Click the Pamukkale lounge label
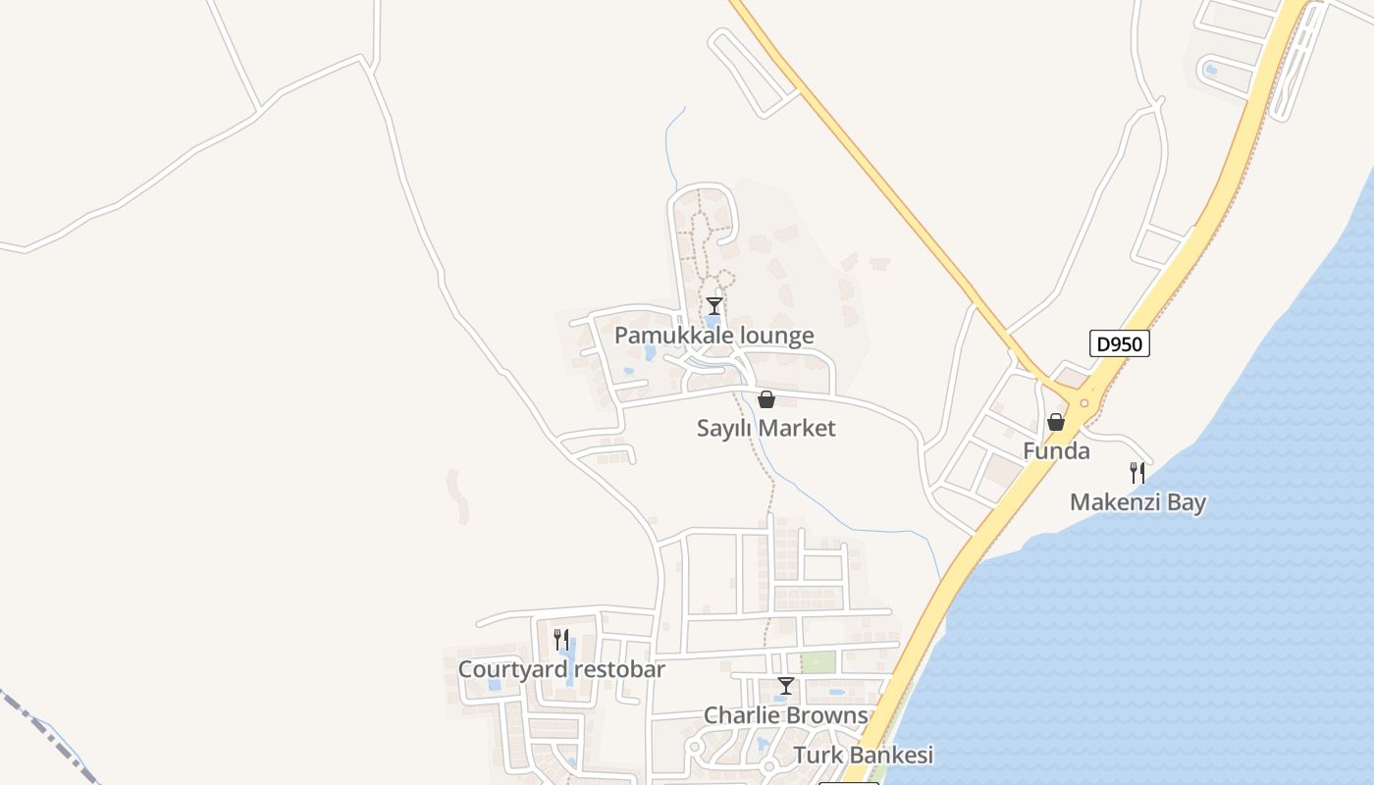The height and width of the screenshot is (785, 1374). pos(713,336)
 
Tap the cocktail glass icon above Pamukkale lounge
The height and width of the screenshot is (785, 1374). pos(714,306)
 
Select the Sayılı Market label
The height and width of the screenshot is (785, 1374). pos(766,428)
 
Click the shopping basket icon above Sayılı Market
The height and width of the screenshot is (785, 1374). pos(766,399)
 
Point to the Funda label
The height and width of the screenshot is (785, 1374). pos(1056,451)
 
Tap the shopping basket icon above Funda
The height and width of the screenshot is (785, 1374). pos(1056,422)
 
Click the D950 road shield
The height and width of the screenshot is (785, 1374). pos(1120,344)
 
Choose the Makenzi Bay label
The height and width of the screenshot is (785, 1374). pos(1137,502)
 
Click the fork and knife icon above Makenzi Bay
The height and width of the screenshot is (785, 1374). pos(1137,473)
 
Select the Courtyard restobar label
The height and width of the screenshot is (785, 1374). pos(561,669)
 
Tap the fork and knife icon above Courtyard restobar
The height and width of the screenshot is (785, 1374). pos(561,640)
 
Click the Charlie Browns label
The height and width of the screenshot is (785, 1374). pos(785,714)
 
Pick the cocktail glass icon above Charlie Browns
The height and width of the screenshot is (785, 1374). pos(785,685)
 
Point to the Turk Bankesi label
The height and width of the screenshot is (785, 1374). pos(863,755)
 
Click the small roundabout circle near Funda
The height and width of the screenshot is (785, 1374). pos(1084,402)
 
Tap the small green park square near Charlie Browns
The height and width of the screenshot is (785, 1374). pos(819,661)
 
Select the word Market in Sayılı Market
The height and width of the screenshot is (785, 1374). pos(797,428)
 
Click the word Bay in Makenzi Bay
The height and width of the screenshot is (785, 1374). pos(1187,502)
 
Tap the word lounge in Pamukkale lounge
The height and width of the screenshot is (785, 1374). pos(776,336)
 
